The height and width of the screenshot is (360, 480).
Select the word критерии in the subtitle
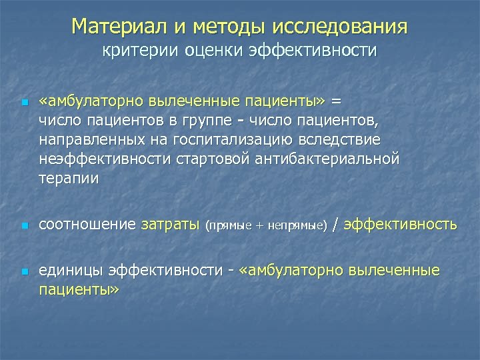(x=135, y=51)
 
